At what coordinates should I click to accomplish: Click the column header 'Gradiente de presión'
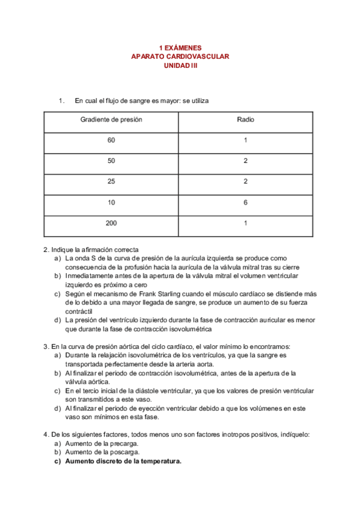[x=111, y=120]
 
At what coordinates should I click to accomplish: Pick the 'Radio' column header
[x=245, y=120]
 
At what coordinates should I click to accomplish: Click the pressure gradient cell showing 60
[x=111, y=140]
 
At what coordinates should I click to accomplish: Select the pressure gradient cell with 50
[x=111, y=161]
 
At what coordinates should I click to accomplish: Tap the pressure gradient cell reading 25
[x=111, y=182]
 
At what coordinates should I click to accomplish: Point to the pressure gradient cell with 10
[x=111, y=203]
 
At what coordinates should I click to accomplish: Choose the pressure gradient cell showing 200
[x=111, y=223]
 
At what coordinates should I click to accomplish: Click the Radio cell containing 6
[x=245, y=203]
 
